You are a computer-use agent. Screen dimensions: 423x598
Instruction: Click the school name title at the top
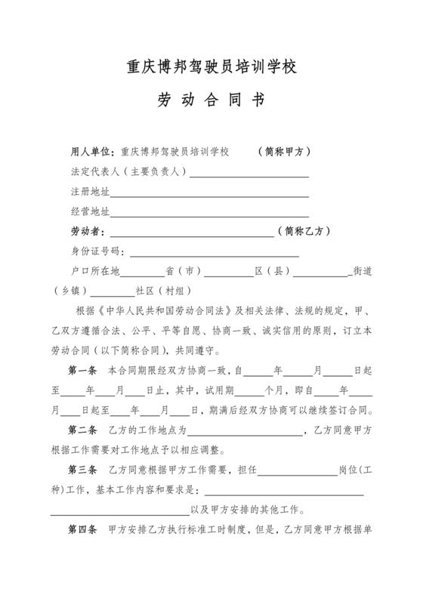tap(211, 66)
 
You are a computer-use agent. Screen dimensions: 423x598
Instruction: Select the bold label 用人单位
tap(91, 151)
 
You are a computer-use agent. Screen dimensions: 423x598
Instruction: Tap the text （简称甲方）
tap(284, 151)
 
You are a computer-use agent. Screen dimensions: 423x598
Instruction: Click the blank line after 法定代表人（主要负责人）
tap(249, 173)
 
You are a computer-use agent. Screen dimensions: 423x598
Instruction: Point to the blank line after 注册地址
tap(209, 193)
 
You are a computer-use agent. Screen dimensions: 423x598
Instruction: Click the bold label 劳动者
tap(88, 231)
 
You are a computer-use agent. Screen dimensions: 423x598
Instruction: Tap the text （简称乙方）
tap(304, 231)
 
